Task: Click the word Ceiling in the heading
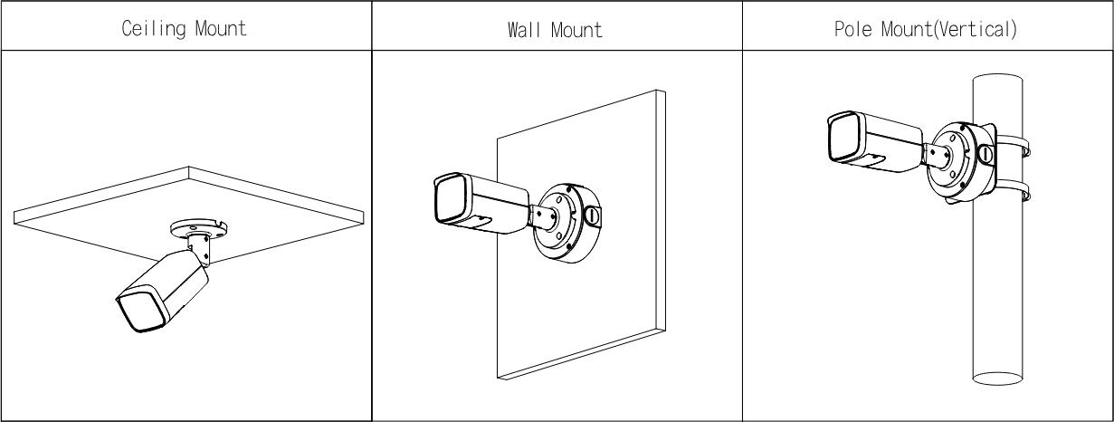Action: click(x=154, y=28)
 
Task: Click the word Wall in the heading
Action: click(x=524, y=30)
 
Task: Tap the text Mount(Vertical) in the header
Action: click(x=949, y=29)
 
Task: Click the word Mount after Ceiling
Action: click(x=221, y=28)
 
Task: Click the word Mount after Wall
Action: click(x=576, y=30)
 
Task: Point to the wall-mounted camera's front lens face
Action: click(x=451, y=198)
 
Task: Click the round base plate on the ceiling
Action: click(x=198, y=229)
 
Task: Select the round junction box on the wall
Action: click(x=567, y=223)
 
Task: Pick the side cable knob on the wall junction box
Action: click(x=592, y=216)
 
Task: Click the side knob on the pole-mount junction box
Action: click(x=985, y=153)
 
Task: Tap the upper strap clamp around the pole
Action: click(x=1012, y=146)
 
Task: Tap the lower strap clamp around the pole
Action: click(x=1013, y=191)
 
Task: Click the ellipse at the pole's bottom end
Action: click(x=997, y=379)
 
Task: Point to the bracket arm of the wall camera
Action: click(x=543, y=217)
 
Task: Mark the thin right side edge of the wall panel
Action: click(x=661, y=211)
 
